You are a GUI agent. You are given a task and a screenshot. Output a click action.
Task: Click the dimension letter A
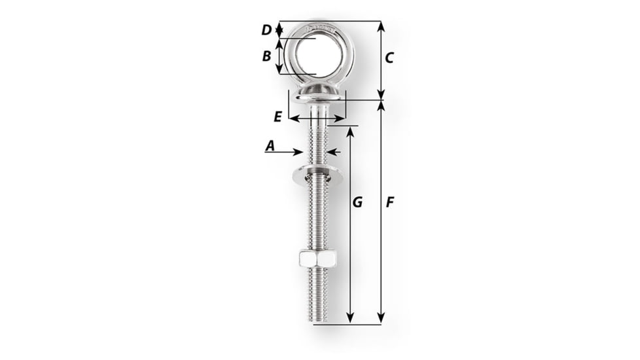269,147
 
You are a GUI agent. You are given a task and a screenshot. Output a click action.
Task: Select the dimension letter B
266,56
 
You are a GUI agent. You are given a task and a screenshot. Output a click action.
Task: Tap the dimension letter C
389,58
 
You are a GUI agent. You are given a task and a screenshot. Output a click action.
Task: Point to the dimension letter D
266,30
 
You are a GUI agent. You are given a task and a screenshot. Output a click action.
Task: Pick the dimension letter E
277,117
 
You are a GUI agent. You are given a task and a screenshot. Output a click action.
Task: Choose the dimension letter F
389,203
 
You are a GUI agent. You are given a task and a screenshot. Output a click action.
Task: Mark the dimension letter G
357,203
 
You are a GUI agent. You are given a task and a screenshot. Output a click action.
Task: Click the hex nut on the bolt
317,259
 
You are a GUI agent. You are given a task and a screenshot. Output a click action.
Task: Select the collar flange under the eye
318,98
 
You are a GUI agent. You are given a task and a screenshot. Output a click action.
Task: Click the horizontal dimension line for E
317,119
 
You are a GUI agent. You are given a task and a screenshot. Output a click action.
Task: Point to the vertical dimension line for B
280,56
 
